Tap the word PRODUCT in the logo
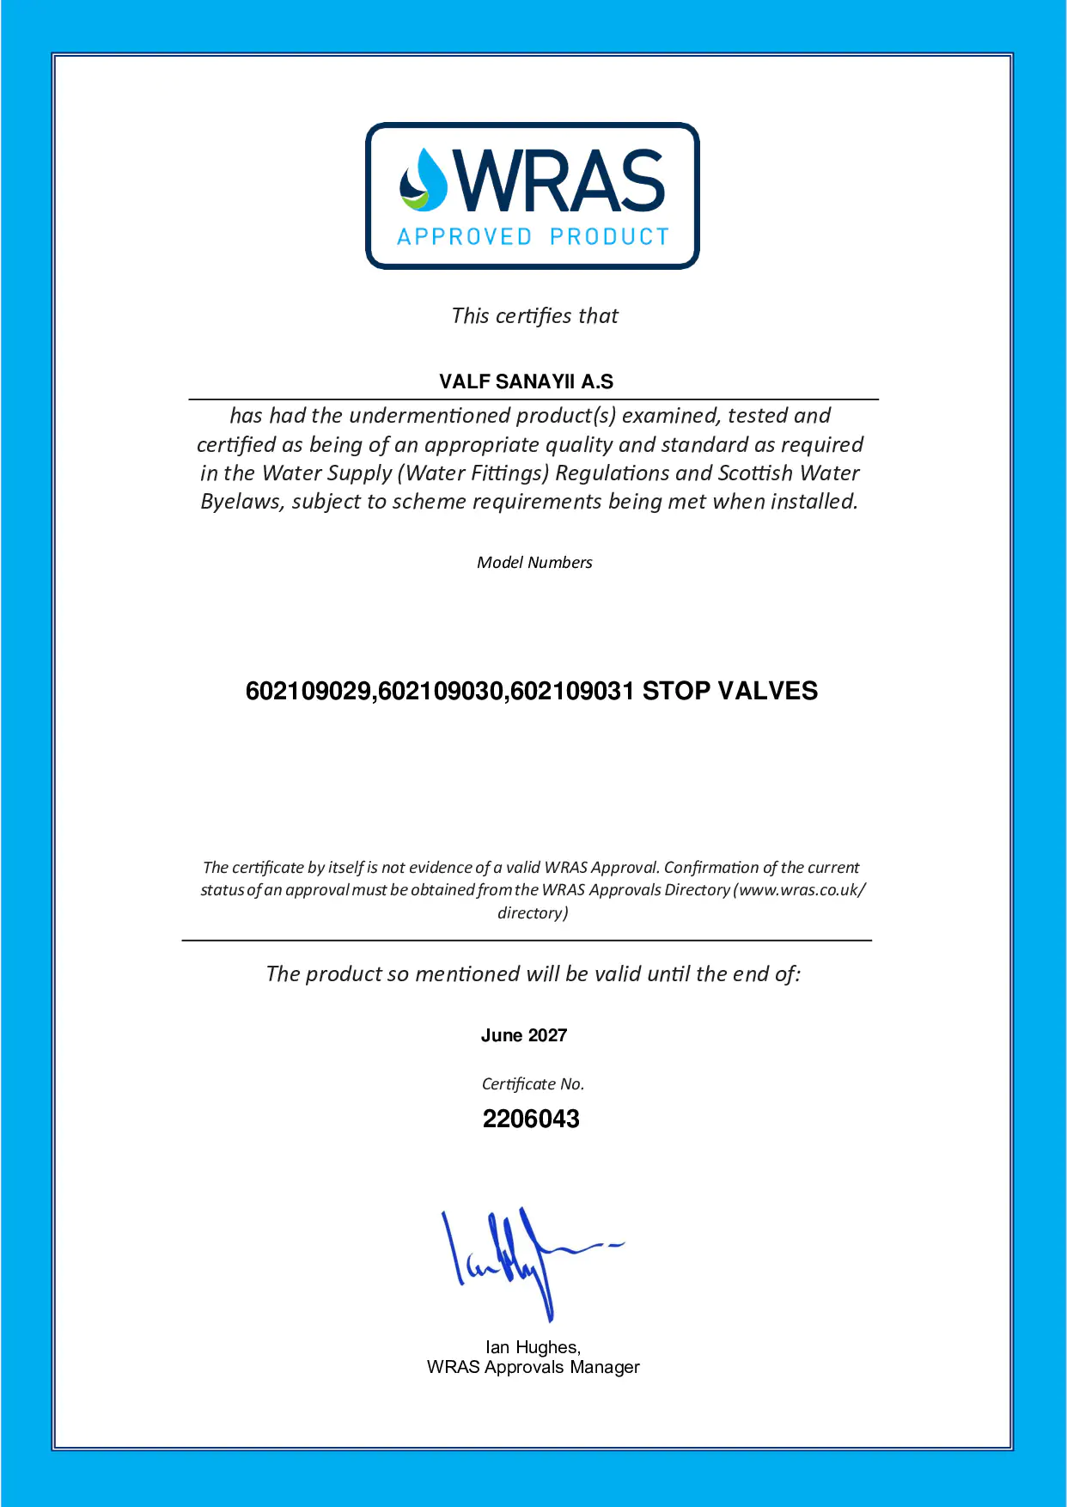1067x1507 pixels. [609, 237]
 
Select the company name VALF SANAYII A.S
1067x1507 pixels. [526, 381]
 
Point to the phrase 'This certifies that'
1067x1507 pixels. [534, 316]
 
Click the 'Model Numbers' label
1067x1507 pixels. [534, 563]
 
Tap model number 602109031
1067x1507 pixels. [572, 691]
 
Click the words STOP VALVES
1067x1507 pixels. [730, 691]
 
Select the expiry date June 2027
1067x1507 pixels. [524, 1035]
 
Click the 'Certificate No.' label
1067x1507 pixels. [533, 1084]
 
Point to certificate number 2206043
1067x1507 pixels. [531, 1119]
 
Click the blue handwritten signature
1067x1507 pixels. [524, 1259]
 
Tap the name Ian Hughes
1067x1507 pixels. [533, 1347]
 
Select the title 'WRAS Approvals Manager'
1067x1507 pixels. [533, 1367]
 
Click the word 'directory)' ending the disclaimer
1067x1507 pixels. [533, 913]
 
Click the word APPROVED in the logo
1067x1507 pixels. [465, 237]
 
